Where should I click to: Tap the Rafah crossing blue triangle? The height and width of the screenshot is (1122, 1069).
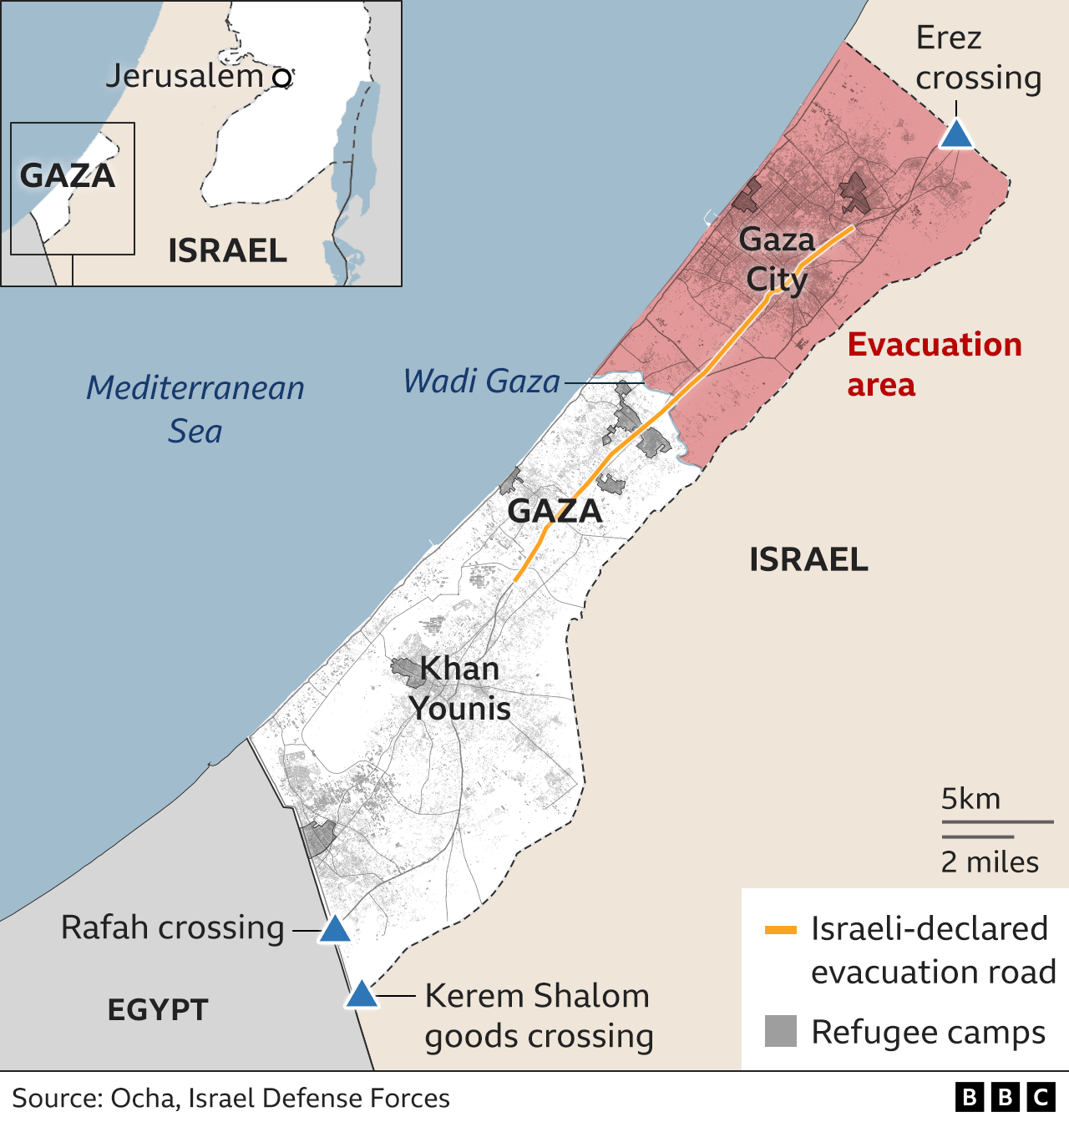[x=334, y=929]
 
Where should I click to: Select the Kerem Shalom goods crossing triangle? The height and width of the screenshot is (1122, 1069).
[x=362, y=994]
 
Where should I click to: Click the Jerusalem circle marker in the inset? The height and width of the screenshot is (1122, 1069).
[x=283, y=78]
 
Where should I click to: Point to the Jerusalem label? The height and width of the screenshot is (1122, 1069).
[x=185, y=76]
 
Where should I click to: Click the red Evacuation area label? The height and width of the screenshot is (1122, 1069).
[x=934, y=365]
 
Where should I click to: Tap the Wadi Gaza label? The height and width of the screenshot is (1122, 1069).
[x=481, y=382]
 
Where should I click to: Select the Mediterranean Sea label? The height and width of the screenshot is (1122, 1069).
[x=195, y=409]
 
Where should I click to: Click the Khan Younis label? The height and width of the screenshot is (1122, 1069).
[x=459, y=688]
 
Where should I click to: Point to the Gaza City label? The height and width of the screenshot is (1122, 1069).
[x=777, y=259]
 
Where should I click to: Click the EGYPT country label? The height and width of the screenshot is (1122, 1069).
[x=157, y=1010]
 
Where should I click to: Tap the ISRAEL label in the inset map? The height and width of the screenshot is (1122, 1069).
[x=227, y=250]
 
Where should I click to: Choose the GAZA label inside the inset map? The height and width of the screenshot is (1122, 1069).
[x=67, y=176]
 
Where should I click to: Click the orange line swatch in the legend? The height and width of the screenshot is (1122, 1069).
[x=781, y=930]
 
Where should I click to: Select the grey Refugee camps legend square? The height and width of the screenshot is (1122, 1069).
[x=781, y=1031]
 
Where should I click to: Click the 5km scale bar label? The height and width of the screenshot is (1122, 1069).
[x=970, y=799]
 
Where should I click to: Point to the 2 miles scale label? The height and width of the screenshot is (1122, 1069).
[x=990, y=862]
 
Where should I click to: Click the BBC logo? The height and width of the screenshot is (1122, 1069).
[x=1005, y=1097]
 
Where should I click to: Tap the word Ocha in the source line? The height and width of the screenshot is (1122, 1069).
[x=143, y=1098]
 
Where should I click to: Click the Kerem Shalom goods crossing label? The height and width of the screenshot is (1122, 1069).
[x=539, y=1015]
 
